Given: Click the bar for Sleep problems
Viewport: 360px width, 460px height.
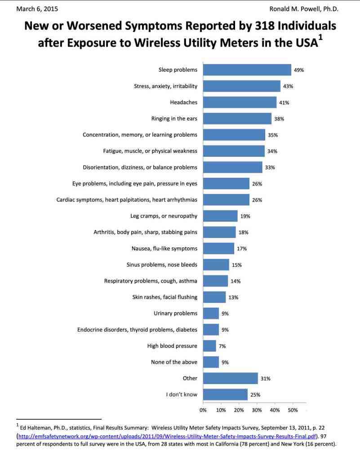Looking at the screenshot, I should pyautogui.click(x=247, y=70).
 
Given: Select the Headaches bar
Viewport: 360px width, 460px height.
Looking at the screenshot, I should pyautogui.click(x=240, y=102).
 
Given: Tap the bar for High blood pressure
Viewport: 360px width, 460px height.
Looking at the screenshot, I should pyautogui.click(x=209, y=346).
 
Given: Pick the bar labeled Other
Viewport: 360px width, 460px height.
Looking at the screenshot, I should pyautogui.click(x=230, y=378).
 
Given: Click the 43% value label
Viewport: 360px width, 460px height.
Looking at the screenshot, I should pyautogui.click(x=288, y=86).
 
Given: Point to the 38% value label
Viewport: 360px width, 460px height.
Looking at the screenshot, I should pyautogui.click(x=279, y=119).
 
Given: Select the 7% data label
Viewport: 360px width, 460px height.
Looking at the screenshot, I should pyautogui.click(x=222, y=346).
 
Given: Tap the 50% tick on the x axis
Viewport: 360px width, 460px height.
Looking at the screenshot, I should pyautogui.click(x=293, y=410).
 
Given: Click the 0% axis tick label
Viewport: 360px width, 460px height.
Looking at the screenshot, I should pyautogui.click(x=203, y=410).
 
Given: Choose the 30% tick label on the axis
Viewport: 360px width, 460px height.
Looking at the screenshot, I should pyautogui.click(x=257, y=410).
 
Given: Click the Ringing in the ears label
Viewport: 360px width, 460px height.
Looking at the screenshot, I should pyautogui.click(x=174, y=119).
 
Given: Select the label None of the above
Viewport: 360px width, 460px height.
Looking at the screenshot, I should pyautogui.click(x=174, y=362).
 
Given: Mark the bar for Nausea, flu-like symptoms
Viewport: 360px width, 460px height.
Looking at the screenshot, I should pyautogui.click(x=218, y=248).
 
